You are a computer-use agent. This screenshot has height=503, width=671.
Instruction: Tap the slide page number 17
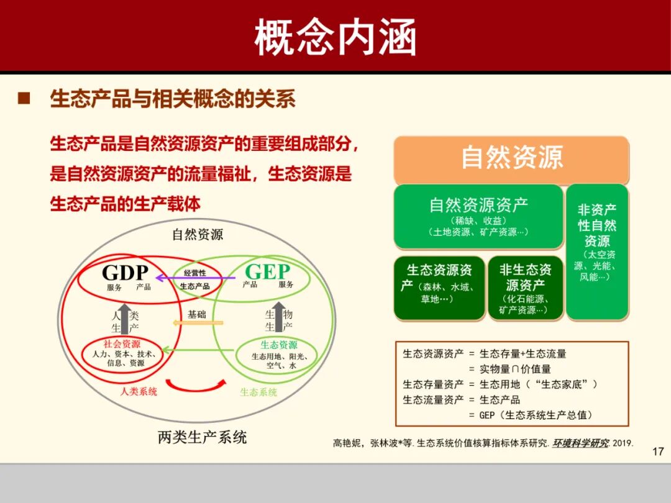(658, 451)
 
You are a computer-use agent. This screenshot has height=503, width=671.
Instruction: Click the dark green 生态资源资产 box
(439, 286)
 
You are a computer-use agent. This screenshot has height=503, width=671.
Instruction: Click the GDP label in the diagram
(125, 273)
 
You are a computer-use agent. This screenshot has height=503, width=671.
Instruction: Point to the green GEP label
(267, 272)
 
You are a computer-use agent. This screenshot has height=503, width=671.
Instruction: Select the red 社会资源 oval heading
(122, 344)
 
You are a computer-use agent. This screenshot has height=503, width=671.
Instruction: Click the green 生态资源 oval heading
(278, 345)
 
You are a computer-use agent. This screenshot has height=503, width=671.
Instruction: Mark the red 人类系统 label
(139, 391)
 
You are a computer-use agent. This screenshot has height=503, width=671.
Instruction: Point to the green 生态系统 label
(258, 392)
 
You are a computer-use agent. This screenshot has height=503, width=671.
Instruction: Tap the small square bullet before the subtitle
(24, 98)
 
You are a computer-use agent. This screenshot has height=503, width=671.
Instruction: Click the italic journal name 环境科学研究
(580, 443)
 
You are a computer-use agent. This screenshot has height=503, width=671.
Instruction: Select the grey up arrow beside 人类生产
(125, 320)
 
